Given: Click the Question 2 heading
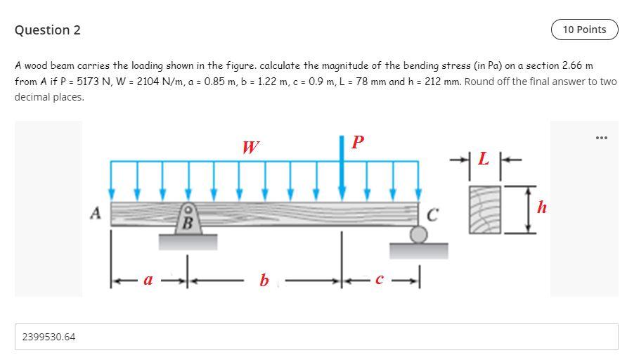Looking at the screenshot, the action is (x=47, y=30).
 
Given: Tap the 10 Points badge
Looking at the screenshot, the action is (x=584, y=30).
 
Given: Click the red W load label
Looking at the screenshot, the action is (x=250, y=147).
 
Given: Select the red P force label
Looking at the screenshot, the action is (x=357, y=142).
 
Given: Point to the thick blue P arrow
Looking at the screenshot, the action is (x=342, y=169).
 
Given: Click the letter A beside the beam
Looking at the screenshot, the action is (x=96, y=211).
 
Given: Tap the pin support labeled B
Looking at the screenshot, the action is (x=188, y=219).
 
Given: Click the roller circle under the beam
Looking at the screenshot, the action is (x=418, y=234).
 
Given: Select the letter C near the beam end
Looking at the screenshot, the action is (x=433, y=215).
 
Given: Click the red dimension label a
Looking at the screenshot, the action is (x=148, y=280).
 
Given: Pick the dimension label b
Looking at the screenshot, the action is (x=264, y=281).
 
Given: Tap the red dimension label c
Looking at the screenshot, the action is (x=379, y=280).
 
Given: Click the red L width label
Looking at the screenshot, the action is (x=483, y=159).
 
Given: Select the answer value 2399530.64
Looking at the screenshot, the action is (x=49, y=337).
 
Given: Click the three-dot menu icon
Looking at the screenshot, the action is (x=601, y=137).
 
